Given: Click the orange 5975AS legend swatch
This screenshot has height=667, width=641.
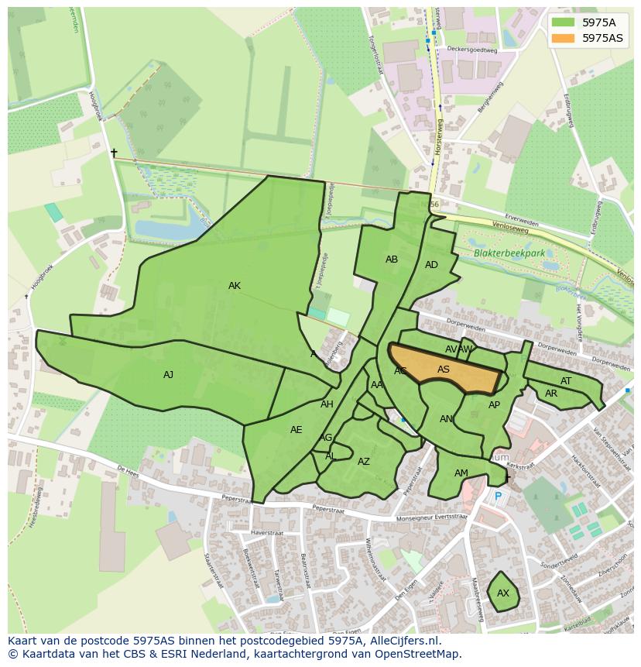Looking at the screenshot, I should [x=563, y=38].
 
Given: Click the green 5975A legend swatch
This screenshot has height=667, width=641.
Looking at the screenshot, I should [x=563, y=22].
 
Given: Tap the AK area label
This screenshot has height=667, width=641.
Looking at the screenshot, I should [x=235, y=286].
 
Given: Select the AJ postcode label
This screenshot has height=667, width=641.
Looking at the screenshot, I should [x=168, y=375].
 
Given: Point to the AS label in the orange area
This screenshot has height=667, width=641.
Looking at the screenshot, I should [x=444, y=370].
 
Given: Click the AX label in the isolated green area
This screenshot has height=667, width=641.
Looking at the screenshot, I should [x=503, y=593].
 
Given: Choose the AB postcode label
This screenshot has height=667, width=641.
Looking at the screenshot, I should [x=392, y=260].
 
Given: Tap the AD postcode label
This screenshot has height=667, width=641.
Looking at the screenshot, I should [x=431, y=265].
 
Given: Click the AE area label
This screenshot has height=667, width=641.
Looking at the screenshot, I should [x=296, y=430].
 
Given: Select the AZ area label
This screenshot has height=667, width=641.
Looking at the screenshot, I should [x=364, y=462].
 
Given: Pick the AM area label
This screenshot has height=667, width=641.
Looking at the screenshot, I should [x=461, y=473].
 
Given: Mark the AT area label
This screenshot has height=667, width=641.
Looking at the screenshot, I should [x=566, y=381].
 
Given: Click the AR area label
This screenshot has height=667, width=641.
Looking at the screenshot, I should [x=551, y=394].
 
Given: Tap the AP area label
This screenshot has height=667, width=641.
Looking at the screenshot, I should [x=494, y=405].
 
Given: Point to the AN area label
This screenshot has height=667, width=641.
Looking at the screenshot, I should [x=446, y=419].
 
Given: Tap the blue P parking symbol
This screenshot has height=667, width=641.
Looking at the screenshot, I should [x=498, y=497].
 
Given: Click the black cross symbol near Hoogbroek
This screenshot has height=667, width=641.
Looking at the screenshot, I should [x=114, y=153].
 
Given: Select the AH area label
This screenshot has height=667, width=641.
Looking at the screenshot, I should [x=327, y=404].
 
